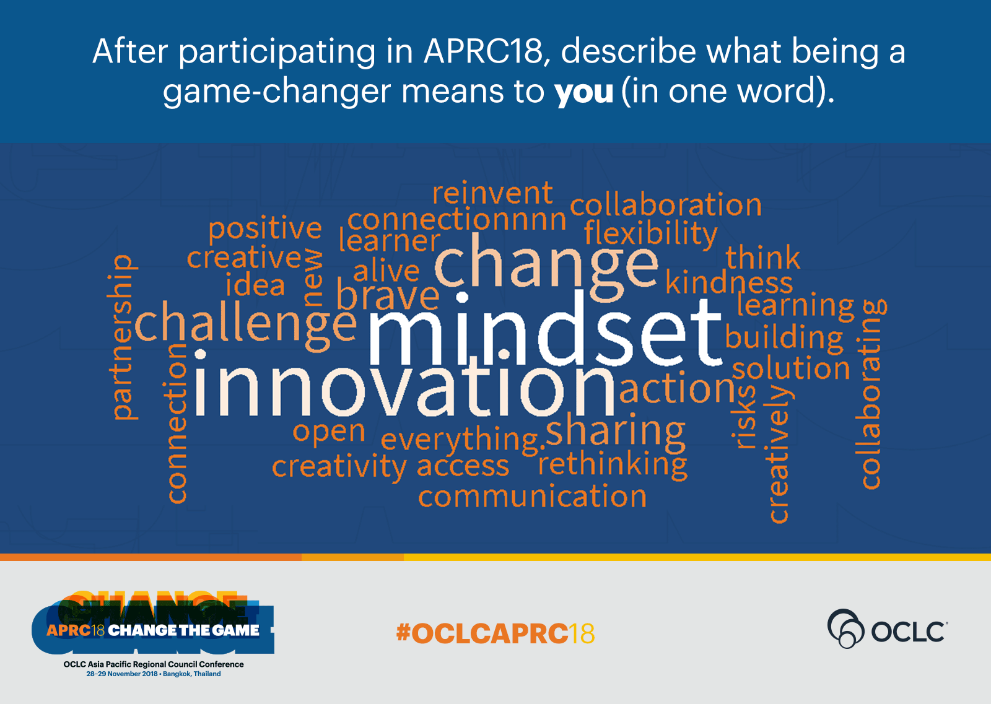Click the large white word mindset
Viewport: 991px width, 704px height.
coord(545,329)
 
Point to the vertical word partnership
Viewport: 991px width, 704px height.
coord(122,337)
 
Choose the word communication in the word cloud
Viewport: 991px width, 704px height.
coord(532,496)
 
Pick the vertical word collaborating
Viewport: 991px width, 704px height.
coord(871,394)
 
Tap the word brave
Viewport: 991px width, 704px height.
coord(388,293)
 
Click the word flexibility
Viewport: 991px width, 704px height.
coord(650,233)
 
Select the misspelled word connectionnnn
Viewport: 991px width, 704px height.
coord(456,219)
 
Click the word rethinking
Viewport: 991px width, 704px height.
coord(613,464)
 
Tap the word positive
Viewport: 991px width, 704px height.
coord(265,229)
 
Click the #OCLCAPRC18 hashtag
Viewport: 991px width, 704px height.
coord(495,633)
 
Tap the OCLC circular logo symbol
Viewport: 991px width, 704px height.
coord(845,628)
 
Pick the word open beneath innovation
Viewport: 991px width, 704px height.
coord(329,431)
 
